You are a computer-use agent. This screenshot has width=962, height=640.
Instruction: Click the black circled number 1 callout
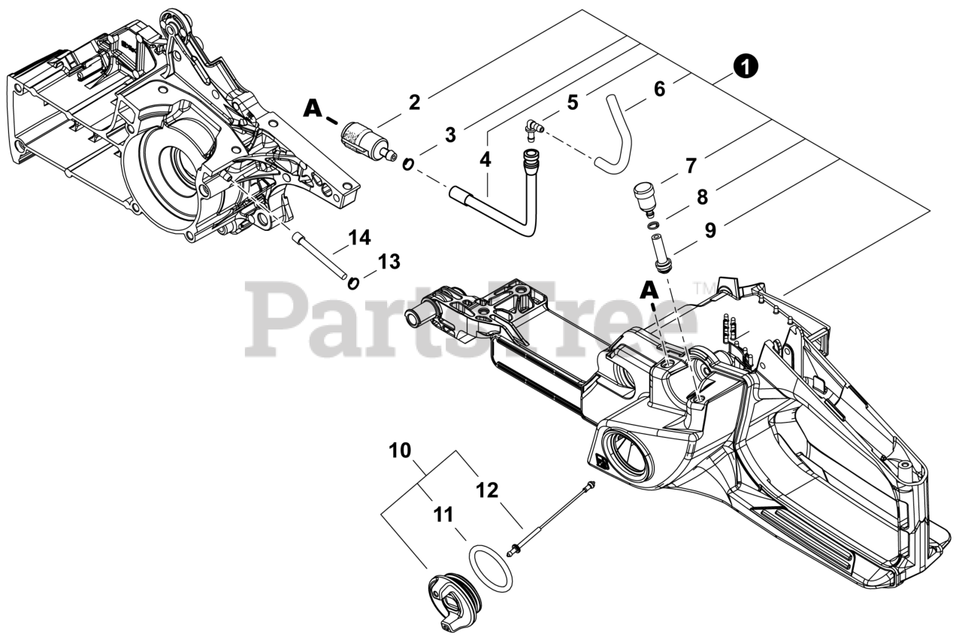pyautogui.click(x=746, y=67)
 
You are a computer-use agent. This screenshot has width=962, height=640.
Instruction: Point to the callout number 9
pyautogui.click(x=710, y=230)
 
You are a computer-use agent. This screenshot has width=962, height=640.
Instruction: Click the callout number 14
pyautogui.click(x=360, y=238)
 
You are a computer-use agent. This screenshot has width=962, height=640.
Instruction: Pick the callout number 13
pyautogui.click(x=389, y=262)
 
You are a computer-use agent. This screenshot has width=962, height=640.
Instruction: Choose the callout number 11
pyautogui.click(x=443, y=515)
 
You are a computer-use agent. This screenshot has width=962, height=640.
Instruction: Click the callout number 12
pyautogui.click(x=487, y=490)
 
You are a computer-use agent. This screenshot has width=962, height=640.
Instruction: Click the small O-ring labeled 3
pyautogui.click(x=407, y=164)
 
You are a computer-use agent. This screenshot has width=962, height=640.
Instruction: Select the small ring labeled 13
pyautogui.click(x=352, y=283)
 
